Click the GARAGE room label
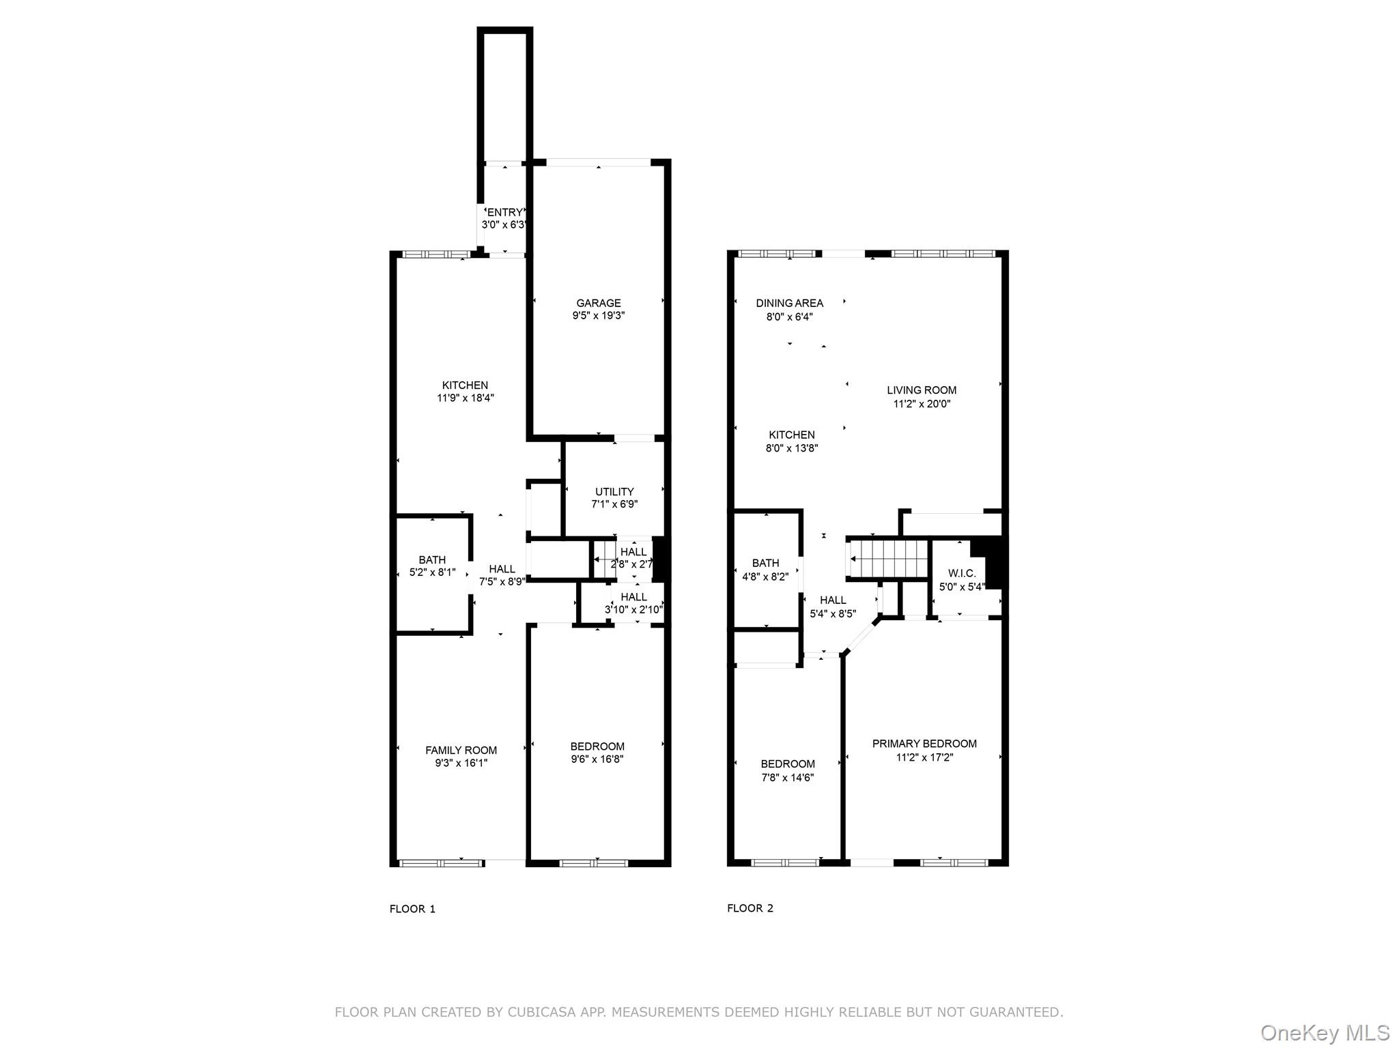(598, 303)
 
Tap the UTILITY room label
(614, 491)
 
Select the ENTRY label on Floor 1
(504, 212)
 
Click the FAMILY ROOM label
(461, 750)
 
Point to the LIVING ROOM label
(922, 390)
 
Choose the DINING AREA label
(789, 303)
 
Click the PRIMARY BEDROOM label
(924, 744)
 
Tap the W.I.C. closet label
(962, 573)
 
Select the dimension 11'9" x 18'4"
(466, 398)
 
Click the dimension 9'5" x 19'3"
(598, 316)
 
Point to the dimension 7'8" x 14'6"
(788, 777)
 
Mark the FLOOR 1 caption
(412, 909)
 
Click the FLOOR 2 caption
(750, 908)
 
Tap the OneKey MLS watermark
(1324, 1032)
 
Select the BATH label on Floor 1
(432, 559)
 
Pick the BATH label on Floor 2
(765, 563)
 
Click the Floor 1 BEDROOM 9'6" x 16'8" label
(597, 746)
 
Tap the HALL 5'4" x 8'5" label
(833, 600)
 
